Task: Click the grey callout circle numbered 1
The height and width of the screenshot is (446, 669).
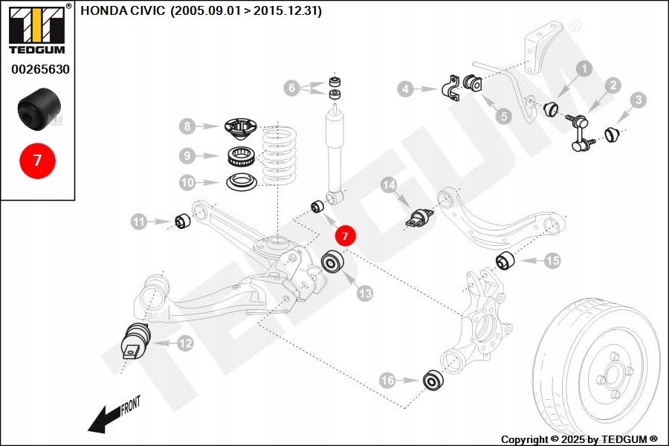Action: click(584, 69)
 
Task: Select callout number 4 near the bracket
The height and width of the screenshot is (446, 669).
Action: click(405, 89)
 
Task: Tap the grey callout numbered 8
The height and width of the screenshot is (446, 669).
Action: click(187, 127)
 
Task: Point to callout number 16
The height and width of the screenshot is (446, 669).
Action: click(387, 381)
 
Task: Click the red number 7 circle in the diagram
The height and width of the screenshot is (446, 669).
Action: click(346, 236)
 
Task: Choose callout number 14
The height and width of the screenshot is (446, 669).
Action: click(388, 185)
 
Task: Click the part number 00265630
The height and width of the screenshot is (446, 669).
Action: click(40, 69)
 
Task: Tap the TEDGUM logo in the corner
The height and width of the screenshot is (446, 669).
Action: click(36, 30)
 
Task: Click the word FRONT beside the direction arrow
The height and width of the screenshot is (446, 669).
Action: click(129, 406)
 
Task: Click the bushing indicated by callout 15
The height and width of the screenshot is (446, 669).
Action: click(506, 261)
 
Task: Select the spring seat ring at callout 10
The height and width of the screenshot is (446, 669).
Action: click(241, 181)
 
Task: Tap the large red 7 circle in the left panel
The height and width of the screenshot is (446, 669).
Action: click(36, 159)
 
